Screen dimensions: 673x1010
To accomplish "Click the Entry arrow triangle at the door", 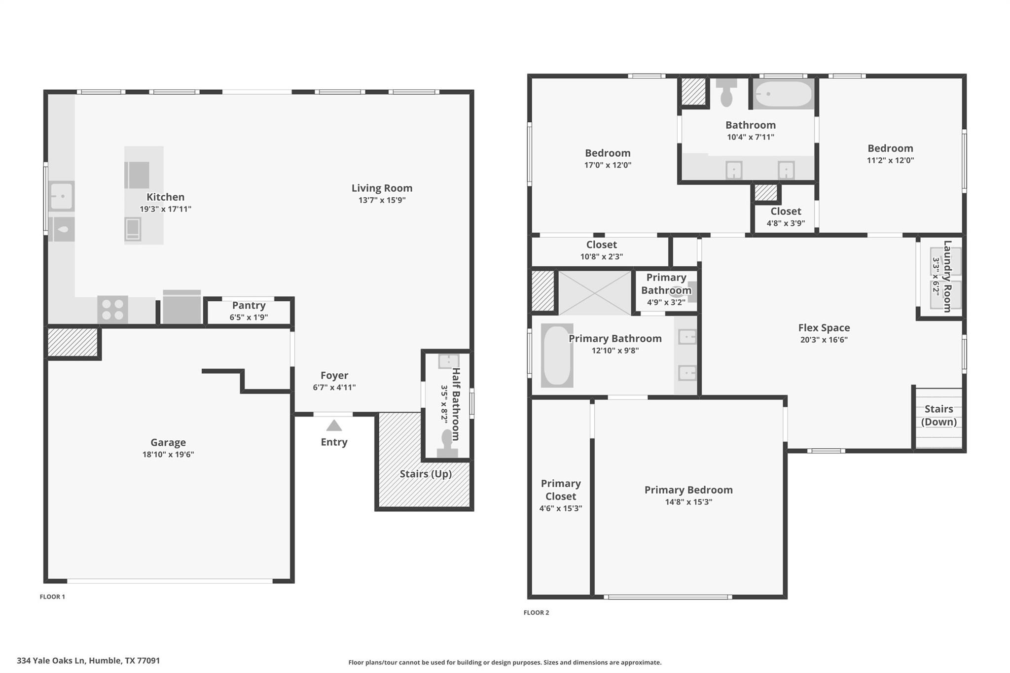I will [x=334, y=425].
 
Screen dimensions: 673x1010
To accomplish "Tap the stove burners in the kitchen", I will [x=112, y=310].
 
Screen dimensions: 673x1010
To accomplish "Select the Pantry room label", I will [x=249, y=306].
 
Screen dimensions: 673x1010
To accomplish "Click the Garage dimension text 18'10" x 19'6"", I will [x=168, y=455].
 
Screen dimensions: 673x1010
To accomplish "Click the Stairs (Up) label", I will [x=426, y=474].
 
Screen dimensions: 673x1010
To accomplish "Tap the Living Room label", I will [x=382, y=188].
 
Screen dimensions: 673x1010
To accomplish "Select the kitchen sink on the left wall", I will [x=62, y=196].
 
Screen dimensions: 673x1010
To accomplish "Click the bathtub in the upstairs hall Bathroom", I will [x=783, y=94].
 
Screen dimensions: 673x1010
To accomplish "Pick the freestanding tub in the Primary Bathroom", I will [x=557, y=355].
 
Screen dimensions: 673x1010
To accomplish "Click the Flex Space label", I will [x=824, y=328].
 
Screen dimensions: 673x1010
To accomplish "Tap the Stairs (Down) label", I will [x=938, y=415].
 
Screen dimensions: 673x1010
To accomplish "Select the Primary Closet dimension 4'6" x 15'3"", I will [x=560, y=508].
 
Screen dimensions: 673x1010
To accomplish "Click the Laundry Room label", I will [x=947, y=276].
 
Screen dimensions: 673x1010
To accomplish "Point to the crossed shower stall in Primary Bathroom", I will [x=594, y=293].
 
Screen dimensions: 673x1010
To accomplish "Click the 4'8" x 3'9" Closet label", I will [x=785, y=212].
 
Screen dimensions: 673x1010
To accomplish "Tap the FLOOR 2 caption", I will [x=536, y=612].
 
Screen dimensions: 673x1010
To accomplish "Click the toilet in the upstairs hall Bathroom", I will [x=726, y=94].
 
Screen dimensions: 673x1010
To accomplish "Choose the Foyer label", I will [x=334, y=376].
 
